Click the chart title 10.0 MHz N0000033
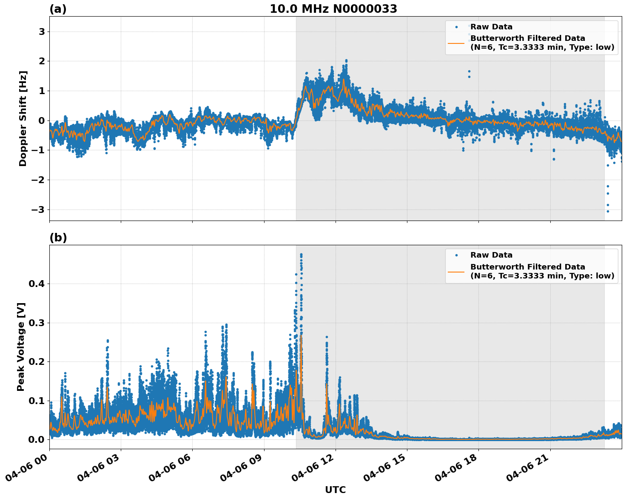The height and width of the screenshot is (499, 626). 333,9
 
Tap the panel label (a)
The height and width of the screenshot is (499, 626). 58,9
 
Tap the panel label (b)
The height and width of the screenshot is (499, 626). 58,238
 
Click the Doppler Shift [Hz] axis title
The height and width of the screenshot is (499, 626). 23,118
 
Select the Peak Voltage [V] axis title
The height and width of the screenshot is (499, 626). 21,347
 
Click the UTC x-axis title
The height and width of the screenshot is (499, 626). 335,490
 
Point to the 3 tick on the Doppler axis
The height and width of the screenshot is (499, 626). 42,32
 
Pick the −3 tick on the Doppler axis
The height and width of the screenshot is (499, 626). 39,209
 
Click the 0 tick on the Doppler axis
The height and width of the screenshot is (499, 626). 42,120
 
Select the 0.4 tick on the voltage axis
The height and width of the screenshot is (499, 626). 37,284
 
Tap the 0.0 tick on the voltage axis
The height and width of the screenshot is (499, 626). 37,439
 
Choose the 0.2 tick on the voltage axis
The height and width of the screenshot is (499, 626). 37,361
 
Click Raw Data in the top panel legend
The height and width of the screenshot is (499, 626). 491,27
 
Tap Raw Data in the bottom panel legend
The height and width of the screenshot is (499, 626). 491,255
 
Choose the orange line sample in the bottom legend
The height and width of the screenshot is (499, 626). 456,271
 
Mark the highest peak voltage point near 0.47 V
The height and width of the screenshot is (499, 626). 301,255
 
